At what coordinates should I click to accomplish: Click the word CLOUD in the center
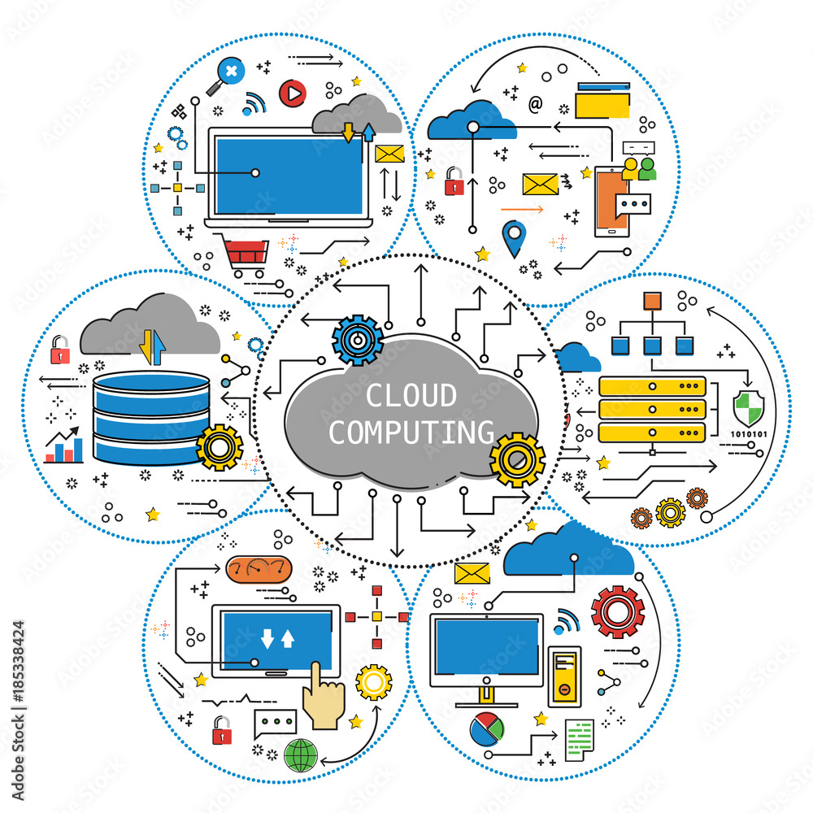[411, 396]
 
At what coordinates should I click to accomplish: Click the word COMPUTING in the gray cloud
[411, 432]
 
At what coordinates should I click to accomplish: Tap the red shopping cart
[244, 252]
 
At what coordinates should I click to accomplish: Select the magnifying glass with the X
[227, 73]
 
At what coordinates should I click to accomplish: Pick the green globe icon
[301, 755]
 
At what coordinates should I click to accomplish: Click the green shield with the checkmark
[747, 406]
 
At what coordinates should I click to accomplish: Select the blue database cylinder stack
[150, 417]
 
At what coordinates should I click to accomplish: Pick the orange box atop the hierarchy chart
[652, 302]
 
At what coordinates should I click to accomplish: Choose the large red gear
[618, 612]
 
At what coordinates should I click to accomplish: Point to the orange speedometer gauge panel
[257, 569]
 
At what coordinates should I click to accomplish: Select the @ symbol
[535, 103]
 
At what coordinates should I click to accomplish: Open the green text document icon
[579, 740]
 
